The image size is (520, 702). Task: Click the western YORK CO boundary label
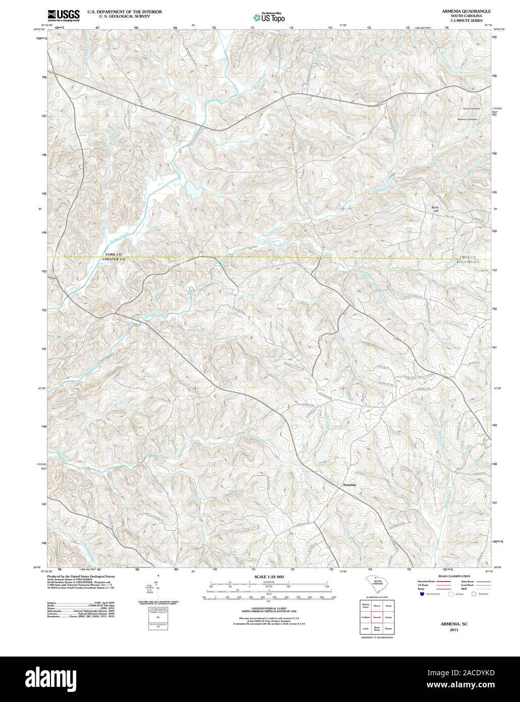(x=114, y=254)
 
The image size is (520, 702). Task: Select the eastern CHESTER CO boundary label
(x=468, y=262)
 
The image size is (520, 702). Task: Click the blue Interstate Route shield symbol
(x=421, y=594)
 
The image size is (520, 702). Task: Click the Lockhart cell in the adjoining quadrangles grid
(x=365, y=617)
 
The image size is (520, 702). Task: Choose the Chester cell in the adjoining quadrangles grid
(x=388, y=629)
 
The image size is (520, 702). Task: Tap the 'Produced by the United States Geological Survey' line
(x=81, y=576)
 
